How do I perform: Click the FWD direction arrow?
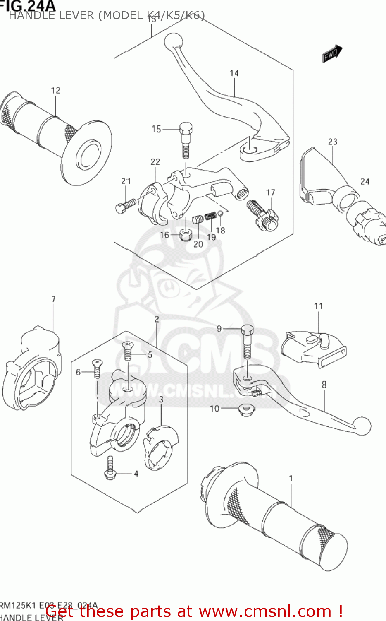332,54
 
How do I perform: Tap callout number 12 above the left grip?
56,90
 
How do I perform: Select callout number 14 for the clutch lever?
234,73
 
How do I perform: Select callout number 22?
155,162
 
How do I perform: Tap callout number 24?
365,181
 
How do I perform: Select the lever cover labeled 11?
313,347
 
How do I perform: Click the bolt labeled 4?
110,469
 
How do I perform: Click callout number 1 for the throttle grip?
291,478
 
